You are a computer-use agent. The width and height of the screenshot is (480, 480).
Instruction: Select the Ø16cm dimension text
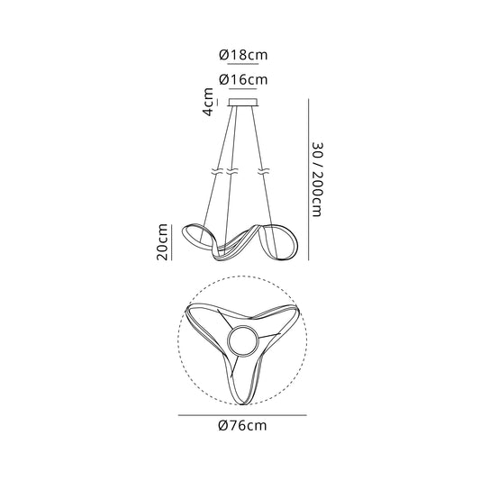[241, 79]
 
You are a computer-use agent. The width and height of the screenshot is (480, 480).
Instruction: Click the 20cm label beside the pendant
[163, 240]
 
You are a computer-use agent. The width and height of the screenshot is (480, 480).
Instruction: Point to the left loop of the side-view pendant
[197, 236]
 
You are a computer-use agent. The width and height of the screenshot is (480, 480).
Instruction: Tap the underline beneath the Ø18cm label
[241, 66]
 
